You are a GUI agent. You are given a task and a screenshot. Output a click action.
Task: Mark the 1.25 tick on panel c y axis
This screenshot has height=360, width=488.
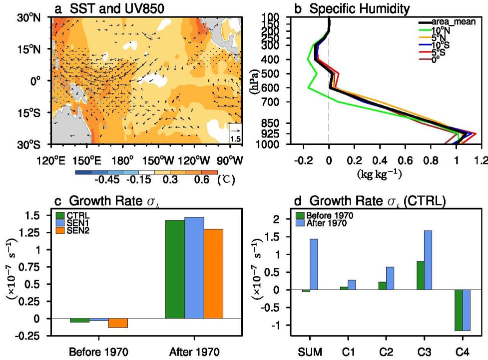coord(37,232)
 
